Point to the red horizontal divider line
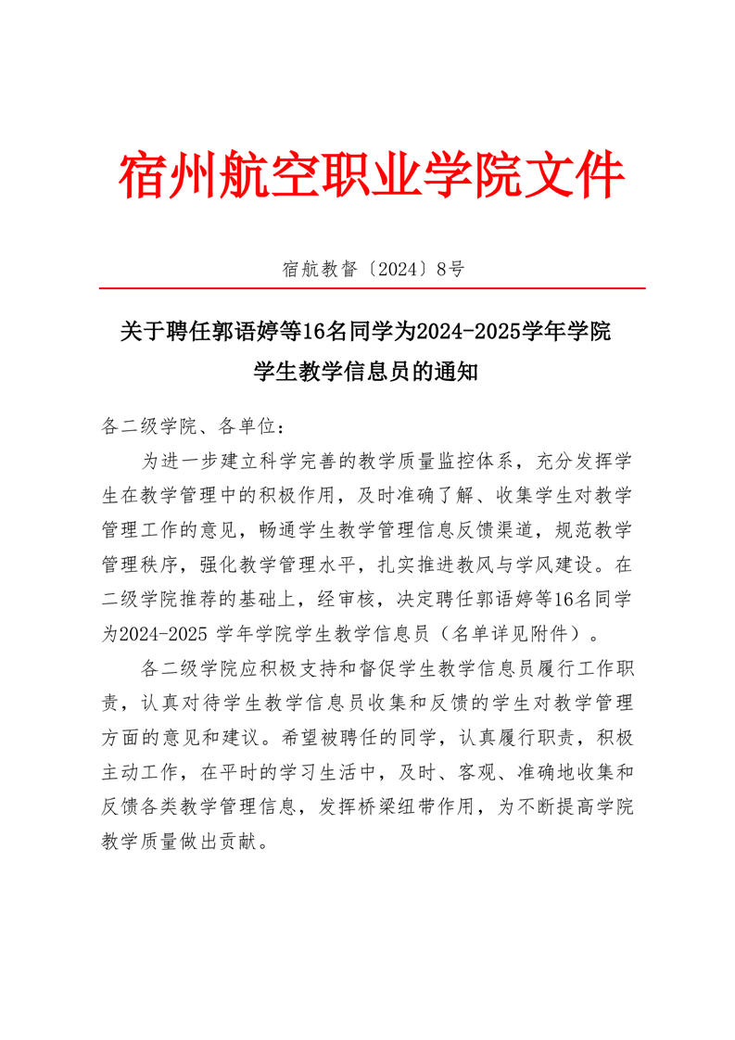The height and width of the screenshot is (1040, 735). [x=371, y=289]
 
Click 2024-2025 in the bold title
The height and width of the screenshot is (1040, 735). [x=470, y=330]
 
